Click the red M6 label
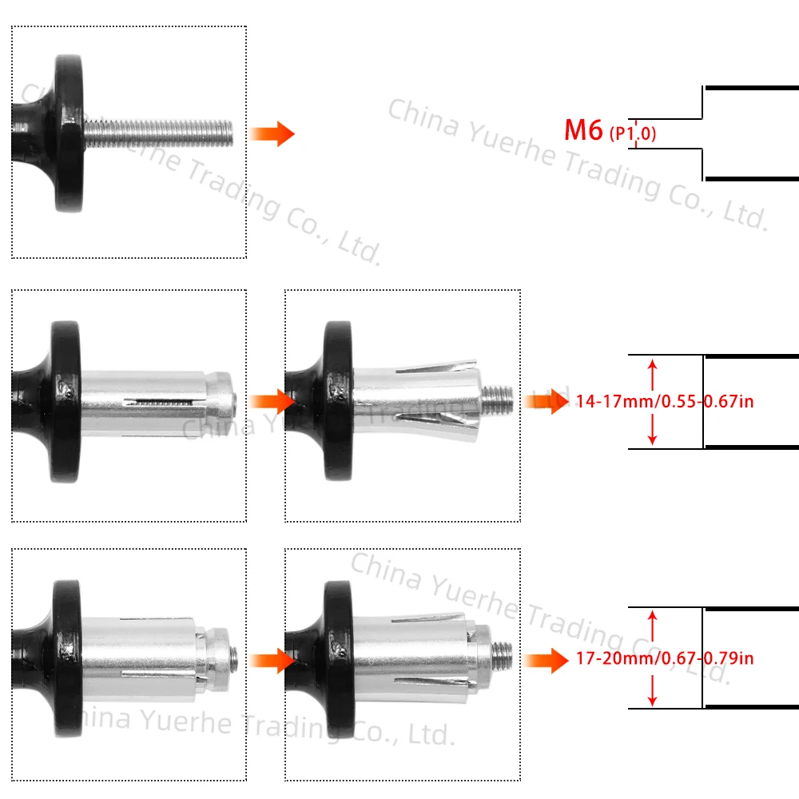[x=583, y=130]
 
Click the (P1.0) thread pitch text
[x=633, y=134]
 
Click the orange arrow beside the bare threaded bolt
[x=272, y=133]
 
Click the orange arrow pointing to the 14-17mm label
[x=544, y=401]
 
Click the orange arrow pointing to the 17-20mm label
[x=544, y=660]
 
